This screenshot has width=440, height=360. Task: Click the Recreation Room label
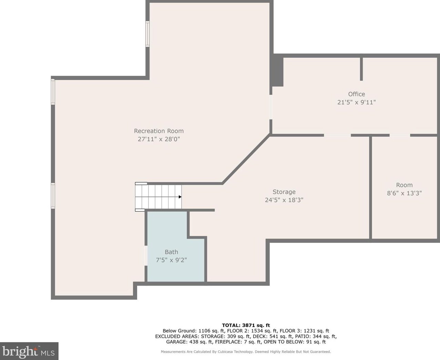point(158,131)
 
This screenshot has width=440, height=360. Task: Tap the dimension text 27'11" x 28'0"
point(158,139)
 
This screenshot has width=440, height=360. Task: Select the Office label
point(356,94)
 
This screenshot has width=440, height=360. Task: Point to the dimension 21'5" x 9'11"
point(356,102)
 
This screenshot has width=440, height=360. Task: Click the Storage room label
point(284,192)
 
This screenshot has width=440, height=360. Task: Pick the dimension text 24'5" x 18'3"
point(284,200)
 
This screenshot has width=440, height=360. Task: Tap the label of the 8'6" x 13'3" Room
point(404,185)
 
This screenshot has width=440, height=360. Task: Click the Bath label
point(171,252)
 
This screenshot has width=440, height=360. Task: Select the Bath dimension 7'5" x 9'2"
point(171,260)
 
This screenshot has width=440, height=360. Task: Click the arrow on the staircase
point(180,197)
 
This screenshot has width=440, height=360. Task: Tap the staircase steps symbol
point(158,197)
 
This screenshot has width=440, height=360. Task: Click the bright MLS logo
point(29,351)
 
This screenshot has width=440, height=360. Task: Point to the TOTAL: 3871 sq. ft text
point(246,325)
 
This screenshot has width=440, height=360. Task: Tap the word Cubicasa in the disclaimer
point(226,352)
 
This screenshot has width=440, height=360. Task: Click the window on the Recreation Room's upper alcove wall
point(147,34)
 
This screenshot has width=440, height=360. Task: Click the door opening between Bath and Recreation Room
point(146,255)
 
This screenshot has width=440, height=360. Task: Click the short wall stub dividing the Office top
point(361,69)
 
